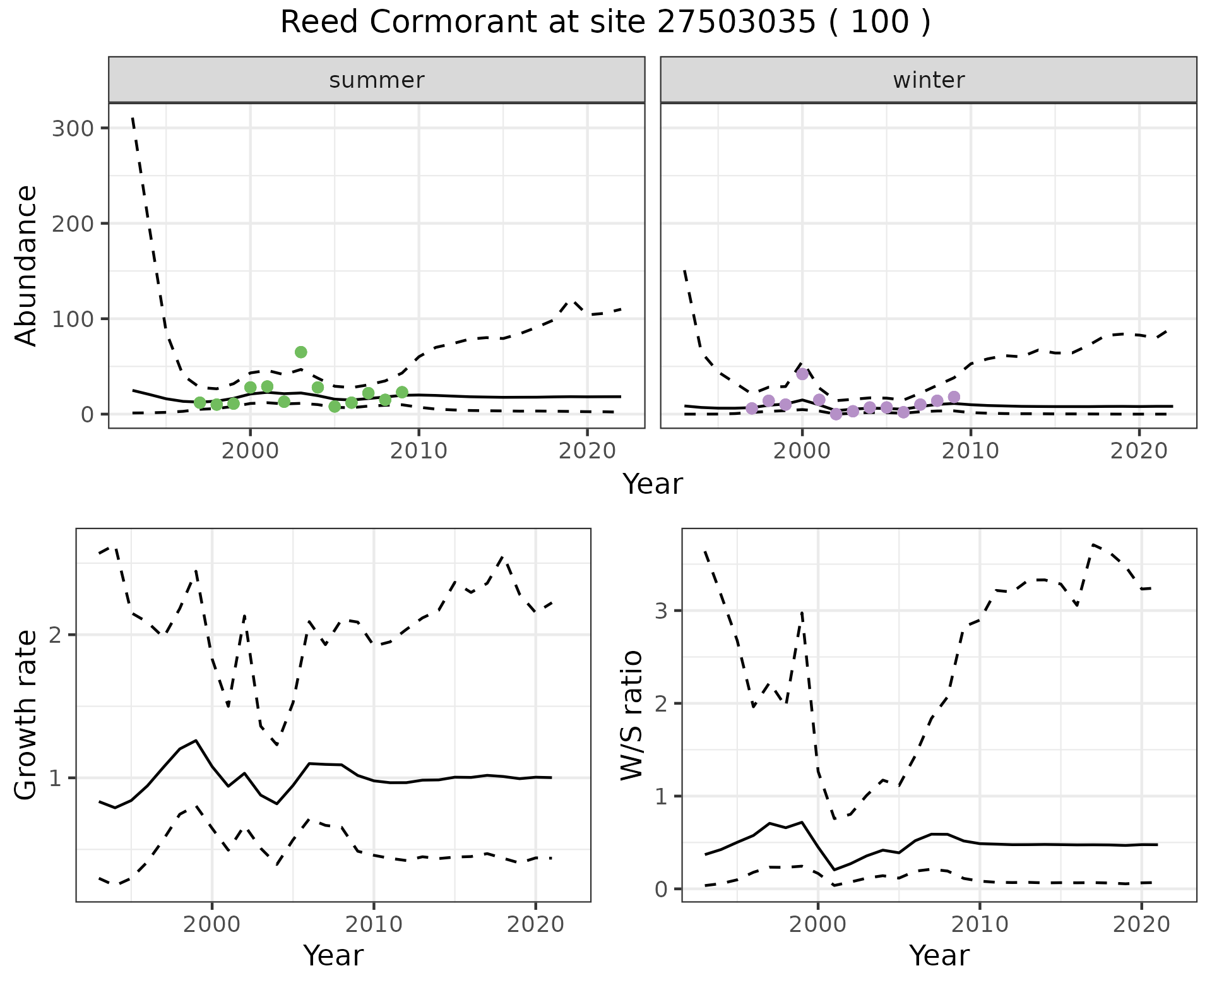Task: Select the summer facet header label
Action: pyautogui.click(x=377, y=80)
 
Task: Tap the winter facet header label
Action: pyautogui.click(x=929, y=80)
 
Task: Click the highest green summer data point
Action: pyautogui.click(x=301, y=352)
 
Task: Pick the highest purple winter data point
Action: pyautogui.click(x=802, y=374)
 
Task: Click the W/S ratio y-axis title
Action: pyautogui.click(x=632, y=715)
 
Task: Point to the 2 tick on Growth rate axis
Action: pyautogui.click(x=57, y=635)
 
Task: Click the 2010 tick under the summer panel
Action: pyautogui.click(x=419, y=451)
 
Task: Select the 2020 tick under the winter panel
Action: pyautogui.click(x=1139, y=451)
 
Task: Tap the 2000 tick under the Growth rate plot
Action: pyautogui.click(x=212, y=925)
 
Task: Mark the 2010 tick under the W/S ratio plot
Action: pyautogui.click(x=980, y=925)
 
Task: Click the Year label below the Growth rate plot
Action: pyautogui.click(x=333, y=956)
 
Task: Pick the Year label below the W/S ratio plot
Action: pyautogui.click(x=939, y=956)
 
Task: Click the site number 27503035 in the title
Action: pyautogui.click(x=735, y=23)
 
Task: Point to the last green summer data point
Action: pyautogui.click(x=402, y=393)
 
